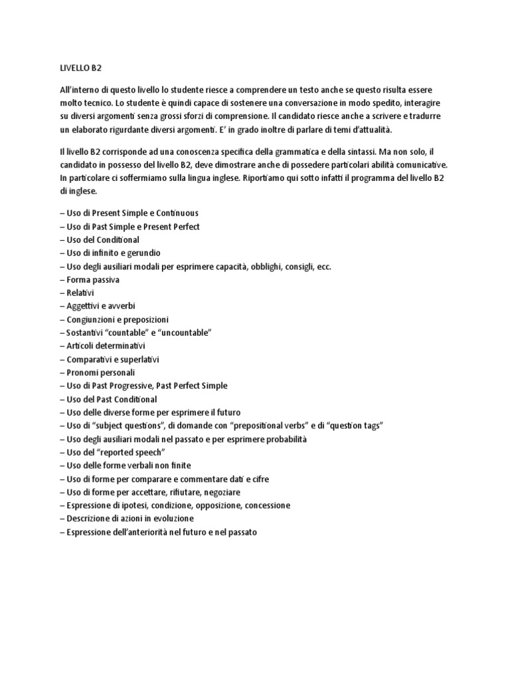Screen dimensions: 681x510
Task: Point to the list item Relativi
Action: [80, 293]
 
